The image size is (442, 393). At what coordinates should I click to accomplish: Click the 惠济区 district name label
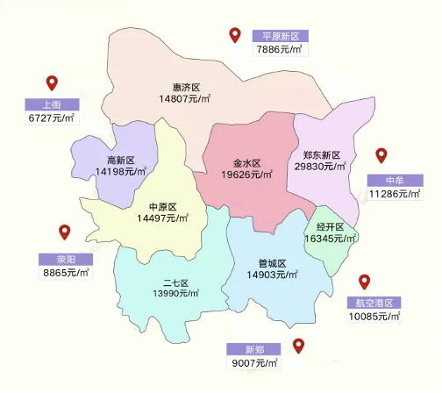(187, 88)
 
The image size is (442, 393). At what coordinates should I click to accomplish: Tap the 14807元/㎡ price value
(187, 100)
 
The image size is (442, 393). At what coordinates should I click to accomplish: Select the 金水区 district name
(248, 162)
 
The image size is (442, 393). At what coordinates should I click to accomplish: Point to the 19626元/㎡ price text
(248, 175)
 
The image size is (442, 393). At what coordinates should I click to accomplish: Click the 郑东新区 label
(320, 154)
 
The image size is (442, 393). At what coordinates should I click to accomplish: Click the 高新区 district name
(120, 160)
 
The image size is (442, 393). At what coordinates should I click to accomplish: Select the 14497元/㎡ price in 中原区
(163, 218)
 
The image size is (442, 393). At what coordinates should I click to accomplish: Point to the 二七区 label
(175, 282)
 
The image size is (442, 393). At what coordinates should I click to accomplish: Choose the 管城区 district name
(273, 263)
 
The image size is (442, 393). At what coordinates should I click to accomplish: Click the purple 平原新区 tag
(278, 36)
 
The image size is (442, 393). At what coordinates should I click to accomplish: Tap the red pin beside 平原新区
(235, 35)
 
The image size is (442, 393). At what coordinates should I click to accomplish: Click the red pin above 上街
(52, 83)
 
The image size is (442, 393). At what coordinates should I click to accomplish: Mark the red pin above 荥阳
(64, 232)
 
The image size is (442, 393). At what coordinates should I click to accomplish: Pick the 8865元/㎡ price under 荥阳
(65, 273)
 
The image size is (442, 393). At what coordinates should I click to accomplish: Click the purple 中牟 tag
(396, 180)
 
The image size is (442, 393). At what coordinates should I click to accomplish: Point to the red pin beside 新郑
(298, 345)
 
